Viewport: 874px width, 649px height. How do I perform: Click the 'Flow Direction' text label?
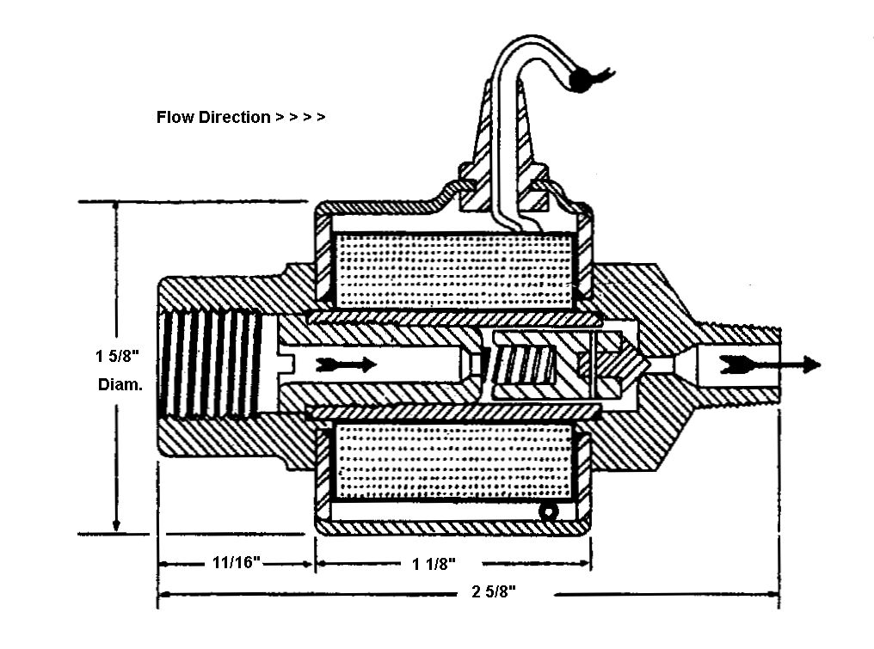pyautogui.click(x=213, y=117)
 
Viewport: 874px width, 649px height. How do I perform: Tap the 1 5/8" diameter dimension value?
pyautogui.click(x=117, y=356)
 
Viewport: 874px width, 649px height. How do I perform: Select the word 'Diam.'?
pyautogui.click(x=120, y=384)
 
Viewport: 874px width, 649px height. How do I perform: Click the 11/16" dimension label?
pyautogui.click(x=237, y=562)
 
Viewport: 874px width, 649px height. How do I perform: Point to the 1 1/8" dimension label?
pyautogui.click(x=434, y=564)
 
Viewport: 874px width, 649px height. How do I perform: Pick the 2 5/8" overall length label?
pyautogui.click(x=494, y=591)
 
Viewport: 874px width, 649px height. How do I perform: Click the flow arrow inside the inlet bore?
pyautogui.click(x=346, y=364)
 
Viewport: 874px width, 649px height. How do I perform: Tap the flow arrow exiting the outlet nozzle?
pyautogui.click(x=770, y=364)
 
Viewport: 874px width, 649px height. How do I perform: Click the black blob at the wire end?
pyautogui.click(x=581, y=79)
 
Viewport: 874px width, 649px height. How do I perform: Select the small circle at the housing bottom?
pyautogui.click(x=548, y=512)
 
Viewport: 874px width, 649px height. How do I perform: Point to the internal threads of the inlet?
pyautogui.click(x=212, y=364)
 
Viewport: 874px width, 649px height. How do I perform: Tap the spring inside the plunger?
pyautogui.click(x=522, y=364)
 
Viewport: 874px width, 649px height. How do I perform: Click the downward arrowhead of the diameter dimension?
pyautogui.click(x=116, y=524)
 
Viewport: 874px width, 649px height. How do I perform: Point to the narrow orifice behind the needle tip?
pyautogui.click(x=662, y=364)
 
